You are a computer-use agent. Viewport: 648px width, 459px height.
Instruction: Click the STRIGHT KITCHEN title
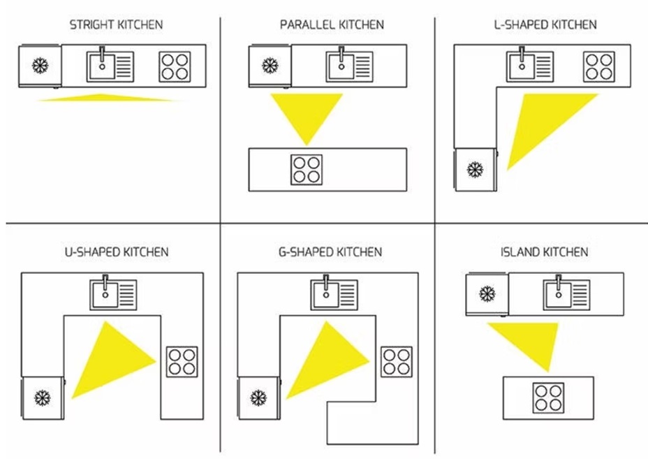coord(116,25)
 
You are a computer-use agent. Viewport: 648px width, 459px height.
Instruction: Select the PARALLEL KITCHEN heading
coord(332,25)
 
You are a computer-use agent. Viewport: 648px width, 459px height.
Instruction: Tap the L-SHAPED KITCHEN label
coord(545,25)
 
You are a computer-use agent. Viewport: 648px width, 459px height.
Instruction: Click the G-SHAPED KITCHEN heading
coord(330,252)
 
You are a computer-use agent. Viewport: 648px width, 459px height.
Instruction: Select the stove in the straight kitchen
coord(174,67)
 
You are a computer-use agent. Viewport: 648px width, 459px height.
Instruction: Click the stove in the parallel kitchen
coord(307,170)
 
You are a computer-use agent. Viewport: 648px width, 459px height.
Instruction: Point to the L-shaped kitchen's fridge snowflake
coord(476,169)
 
